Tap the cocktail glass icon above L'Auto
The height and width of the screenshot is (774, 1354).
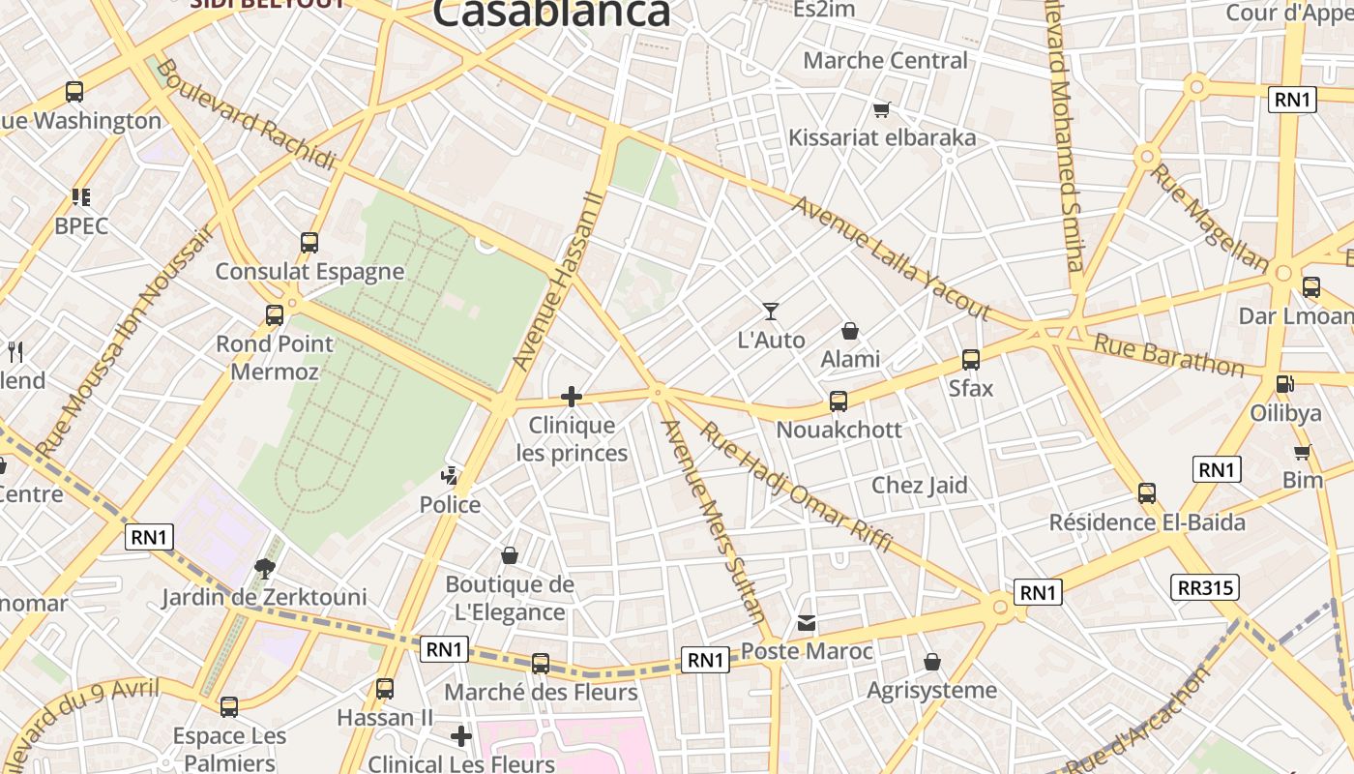click(x=771, y=311)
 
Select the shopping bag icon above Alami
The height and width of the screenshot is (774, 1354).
click(x=850, y=332)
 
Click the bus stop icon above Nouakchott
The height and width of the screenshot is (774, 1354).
click(x=839, y=401)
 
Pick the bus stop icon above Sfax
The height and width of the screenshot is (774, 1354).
click(x=971, y=360)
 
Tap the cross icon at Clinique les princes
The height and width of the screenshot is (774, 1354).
click(x=572, y=396)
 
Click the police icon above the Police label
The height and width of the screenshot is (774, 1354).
click(x=450, y=476)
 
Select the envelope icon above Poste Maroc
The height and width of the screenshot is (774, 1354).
click(x=807, y=623)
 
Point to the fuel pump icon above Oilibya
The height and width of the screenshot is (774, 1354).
click(x=1285, y=384)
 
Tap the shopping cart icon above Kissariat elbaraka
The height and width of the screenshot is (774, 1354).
click(x=881, y=109)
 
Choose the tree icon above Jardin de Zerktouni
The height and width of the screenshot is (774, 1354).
click(x=264, y=568)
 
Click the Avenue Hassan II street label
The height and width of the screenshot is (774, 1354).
click(x=558, y=281)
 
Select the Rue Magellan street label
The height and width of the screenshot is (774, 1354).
click(x=1208, y=217)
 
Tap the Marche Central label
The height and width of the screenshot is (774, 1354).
click(x=885, y=60)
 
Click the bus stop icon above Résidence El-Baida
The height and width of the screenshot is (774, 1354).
click(x=1147, y=493)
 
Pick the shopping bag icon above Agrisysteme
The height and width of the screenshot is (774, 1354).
click(x=932, y=662)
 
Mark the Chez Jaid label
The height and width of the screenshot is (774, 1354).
click(x=920, y=485)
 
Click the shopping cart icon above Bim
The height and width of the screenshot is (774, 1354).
click(x=1303, y=452)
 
